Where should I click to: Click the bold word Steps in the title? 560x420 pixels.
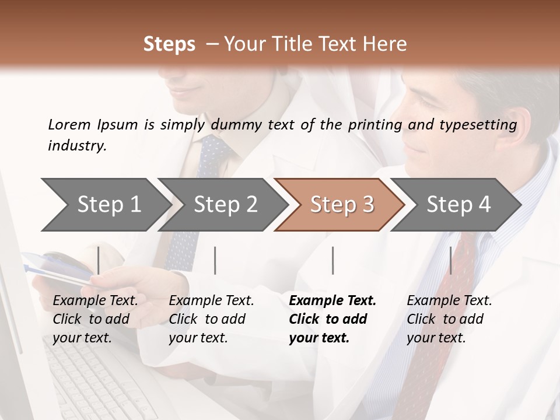169,44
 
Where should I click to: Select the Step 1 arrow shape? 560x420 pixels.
105,204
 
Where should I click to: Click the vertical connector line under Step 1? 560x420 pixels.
99,260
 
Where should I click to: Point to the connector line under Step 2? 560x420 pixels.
215,260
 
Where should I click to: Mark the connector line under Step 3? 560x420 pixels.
332,260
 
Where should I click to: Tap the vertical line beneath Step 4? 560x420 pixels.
450,260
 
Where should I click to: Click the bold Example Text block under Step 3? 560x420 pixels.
332,319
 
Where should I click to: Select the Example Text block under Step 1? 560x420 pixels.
95,319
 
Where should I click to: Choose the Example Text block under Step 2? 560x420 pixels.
211,319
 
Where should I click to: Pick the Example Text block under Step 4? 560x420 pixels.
449,319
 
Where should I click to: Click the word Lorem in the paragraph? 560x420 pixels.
69,124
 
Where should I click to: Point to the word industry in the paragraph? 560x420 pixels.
76,146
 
